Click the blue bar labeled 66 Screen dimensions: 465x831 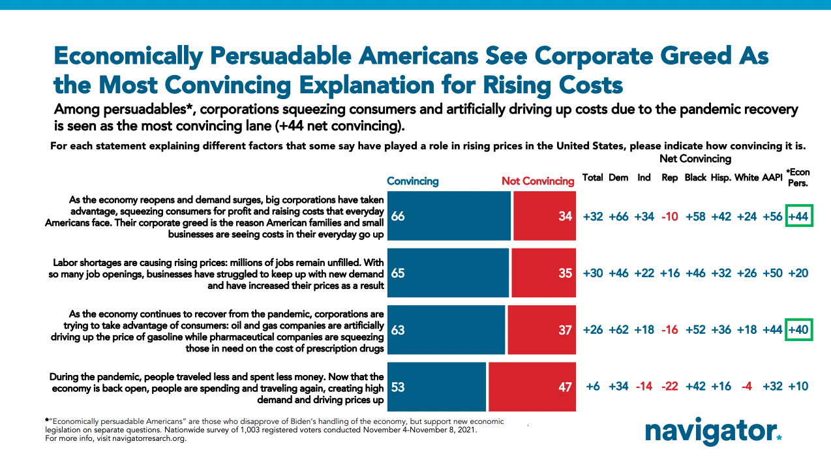point(449,216)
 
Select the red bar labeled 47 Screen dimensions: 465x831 point(532,387)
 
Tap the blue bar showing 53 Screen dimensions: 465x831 point(437,387)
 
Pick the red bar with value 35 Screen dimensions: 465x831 point(543,273)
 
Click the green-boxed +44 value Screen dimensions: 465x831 point(799,216)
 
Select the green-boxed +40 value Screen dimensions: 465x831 point(799,330)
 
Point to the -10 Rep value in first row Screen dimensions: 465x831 point(670,216)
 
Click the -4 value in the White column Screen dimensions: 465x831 point(747,386)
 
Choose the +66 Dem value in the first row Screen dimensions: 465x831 point(618,216)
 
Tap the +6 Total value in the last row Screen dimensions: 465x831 point(593,386)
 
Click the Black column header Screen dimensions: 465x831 point(695,178)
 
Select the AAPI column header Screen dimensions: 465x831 point(772,178)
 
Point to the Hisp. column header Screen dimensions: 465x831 point(721,178)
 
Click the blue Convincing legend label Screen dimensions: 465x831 point(413,181)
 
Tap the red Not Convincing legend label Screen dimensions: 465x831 point(537,181)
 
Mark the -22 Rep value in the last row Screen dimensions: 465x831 point(670,386)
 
